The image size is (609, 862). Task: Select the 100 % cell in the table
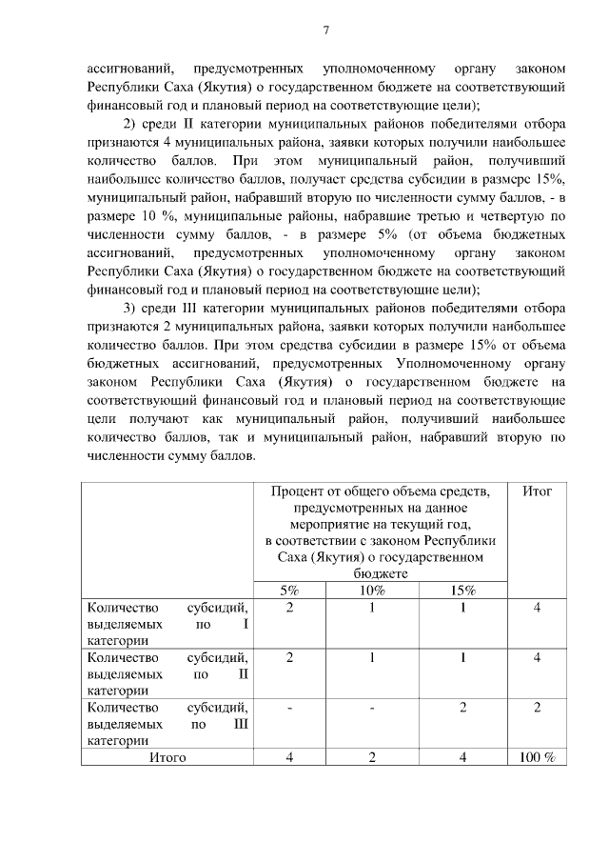point(537,758)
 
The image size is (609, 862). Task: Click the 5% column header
point(289,591)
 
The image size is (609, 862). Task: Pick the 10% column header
point(372,591)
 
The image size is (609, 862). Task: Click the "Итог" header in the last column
point(537,491)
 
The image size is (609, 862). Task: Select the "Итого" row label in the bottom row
point(167,758)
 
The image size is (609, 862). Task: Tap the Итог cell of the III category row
point(537,708)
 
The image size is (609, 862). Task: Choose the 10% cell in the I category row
point(372,607)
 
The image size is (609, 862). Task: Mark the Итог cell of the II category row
point(537,657)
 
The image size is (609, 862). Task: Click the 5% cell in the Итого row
point(289,758)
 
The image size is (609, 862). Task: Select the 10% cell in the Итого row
point(372,758)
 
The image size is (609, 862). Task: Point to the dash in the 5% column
point(289,708)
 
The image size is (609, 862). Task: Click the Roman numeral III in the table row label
point(240,724)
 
